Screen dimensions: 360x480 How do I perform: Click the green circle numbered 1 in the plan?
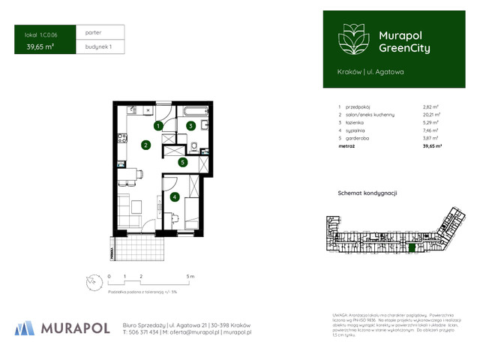pyautogui.click(x=159, y=126)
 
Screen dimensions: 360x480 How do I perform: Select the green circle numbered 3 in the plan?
pyautogui.click(x=191, y=126)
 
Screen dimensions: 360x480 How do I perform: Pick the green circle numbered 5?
pyautogui.click(x=182, y=161)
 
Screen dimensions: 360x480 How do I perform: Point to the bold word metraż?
pyautogui.click(x=346, y=146)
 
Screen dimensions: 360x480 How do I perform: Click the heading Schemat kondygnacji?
pyautogui.click(x=367, y=193)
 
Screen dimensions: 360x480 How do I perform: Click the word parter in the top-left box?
pyautogui.click(x=94, y=33)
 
